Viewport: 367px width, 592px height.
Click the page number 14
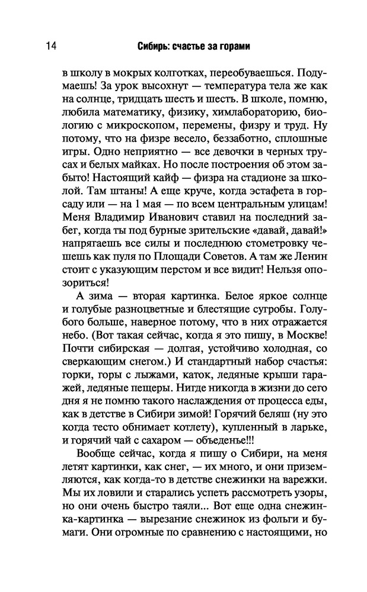[49, 47]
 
